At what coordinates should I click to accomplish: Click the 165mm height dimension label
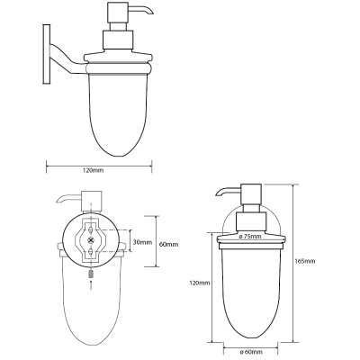point(305,261)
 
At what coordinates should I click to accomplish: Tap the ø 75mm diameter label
point(250,237)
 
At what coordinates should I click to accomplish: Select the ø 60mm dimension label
point(251,352)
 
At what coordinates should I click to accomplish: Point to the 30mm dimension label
point(142,242)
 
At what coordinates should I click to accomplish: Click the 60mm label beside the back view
point(169,245)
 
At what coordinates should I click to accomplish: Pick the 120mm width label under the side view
point(93,170)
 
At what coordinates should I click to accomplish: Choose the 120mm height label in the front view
point(200,283)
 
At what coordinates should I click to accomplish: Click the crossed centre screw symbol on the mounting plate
point(91,240)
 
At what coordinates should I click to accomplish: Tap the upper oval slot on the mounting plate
point(91,230)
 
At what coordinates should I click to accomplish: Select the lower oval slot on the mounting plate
point(91,250)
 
